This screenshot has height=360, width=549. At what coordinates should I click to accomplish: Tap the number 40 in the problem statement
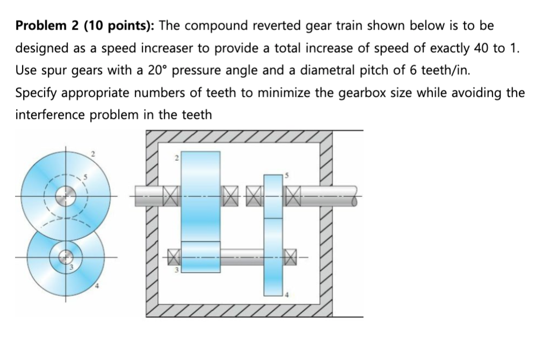pyautogui.click(x=480, y=48)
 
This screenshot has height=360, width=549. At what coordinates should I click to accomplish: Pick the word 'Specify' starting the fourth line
pyautogui.click(x=36, y=93)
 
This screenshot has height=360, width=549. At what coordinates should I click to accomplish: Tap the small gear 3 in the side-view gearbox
pyautogui.click(x=201, y=257)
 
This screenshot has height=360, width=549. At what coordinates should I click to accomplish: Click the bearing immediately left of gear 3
pyautogui.click(x=172, y=257)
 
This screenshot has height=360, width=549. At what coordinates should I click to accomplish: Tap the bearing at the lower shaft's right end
pyautogui.click(x=291, y=257)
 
